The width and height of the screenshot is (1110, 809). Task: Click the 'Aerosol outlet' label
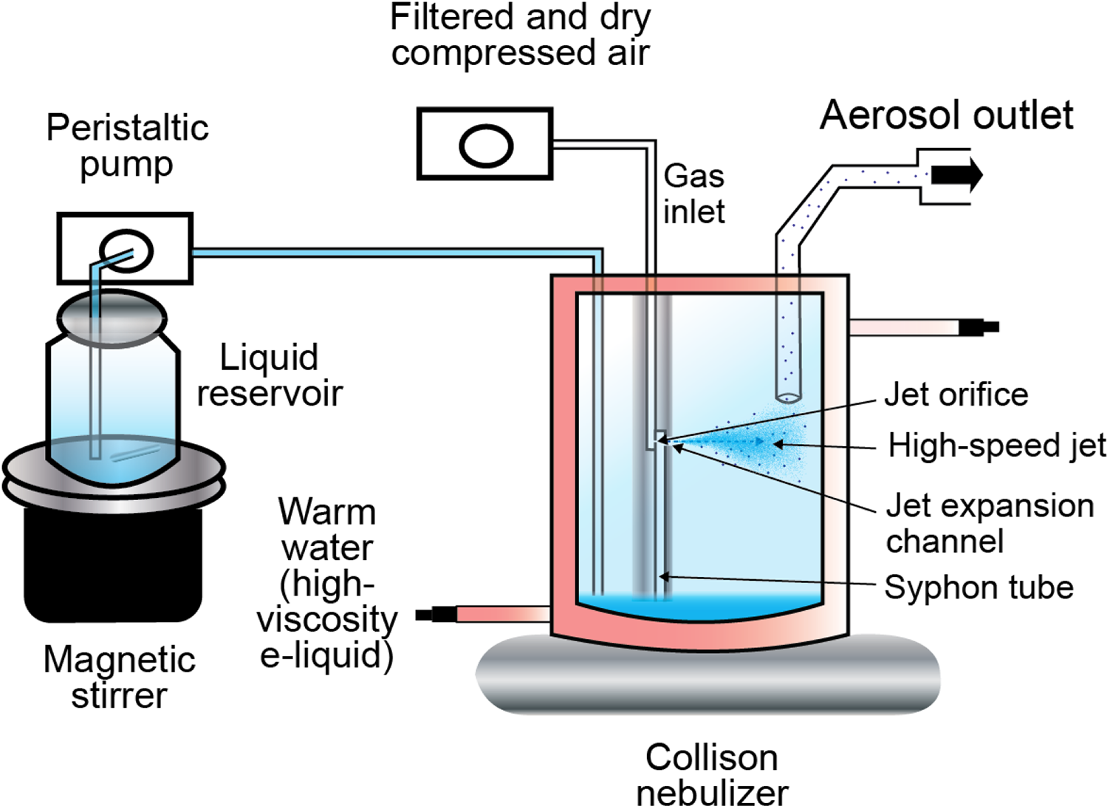coord(947,115)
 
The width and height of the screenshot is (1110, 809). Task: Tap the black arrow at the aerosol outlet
coord(957,175)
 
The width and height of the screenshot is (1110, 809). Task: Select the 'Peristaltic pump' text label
coord(127,146)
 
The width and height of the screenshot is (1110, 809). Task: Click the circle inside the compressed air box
coord(486,146)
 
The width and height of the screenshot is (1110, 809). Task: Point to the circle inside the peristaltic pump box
coord(126,251)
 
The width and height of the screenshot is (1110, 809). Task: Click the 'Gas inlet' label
coord(693,194)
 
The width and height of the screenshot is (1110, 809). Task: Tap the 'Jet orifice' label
coord(956,395)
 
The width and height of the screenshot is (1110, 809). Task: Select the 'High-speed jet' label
coord(997,446)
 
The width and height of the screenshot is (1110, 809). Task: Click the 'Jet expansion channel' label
coord(990,523)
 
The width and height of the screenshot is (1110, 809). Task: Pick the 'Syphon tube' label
coord(979,587)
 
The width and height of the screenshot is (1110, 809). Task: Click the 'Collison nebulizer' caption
coord(712,775)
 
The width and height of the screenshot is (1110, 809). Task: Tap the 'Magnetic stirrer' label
coord(120,677)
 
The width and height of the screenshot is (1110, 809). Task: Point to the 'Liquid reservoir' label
coord(270,375)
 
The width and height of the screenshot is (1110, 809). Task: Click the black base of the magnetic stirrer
coord(113,565)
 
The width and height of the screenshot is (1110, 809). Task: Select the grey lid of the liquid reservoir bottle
coord(112,318)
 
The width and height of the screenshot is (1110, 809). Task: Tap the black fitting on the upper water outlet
coord(979,327)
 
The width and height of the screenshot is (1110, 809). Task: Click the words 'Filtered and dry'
coord(521,18)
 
